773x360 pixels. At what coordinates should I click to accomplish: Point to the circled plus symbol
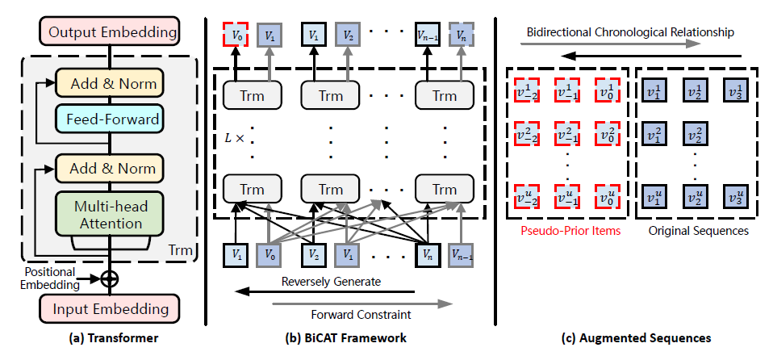[107, 278]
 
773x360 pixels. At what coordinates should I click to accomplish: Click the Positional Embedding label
[51, 278]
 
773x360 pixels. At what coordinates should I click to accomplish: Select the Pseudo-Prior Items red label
[566, 232]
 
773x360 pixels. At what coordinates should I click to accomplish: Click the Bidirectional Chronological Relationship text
[630, 33]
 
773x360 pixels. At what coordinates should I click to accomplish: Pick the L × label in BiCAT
[234, 138]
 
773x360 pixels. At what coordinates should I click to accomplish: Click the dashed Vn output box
[461, 35]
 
